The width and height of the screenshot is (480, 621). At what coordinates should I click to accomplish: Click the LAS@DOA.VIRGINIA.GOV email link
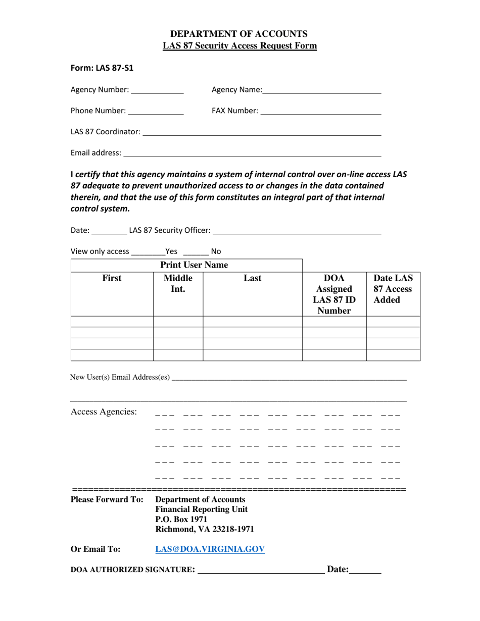(x=210, y=549)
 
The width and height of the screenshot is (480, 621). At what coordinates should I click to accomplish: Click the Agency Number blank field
(x=157, y=90)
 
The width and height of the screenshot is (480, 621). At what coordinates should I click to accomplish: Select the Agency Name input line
(x=322, y=90)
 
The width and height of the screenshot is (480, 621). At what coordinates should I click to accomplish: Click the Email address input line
(x=252, y=153)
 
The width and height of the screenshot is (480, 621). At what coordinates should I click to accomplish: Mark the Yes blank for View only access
(x=148, y=252)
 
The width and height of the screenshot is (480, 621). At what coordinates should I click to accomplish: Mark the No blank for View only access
(x=196, y=252)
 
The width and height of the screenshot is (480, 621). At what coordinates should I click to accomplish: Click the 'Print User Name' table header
(x=194, y=265)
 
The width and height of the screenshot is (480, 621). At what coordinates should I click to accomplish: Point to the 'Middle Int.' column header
(x=178, y=284)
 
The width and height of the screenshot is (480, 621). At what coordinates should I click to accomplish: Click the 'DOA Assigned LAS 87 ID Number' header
(x=334, y=294)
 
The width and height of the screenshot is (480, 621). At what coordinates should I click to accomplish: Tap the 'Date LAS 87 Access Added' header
(x=393, y=289)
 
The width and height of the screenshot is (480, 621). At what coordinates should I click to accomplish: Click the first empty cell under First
(x=112, y=322)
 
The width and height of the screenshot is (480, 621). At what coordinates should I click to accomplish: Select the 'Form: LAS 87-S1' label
(x=102, y=68)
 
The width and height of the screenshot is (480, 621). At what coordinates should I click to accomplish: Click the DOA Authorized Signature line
(x=261, y=571)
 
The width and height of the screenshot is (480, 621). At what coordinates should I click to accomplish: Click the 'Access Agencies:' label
(x=104, y=412)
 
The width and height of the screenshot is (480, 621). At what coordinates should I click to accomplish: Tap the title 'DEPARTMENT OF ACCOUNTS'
(x=239, y=34)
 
